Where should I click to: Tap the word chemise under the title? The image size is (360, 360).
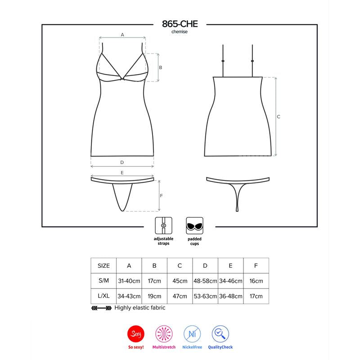tap(180, 32)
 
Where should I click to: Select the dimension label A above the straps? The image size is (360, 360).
tap(122, 34)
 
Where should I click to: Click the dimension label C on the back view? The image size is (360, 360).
tap(279, 117)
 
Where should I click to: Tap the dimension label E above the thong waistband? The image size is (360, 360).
tap(122, 173)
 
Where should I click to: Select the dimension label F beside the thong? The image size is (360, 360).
tap(161, 195)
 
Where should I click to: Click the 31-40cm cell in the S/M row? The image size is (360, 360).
tap(129, 281)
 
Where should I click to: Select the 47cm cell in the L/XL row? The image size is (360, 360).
tap(180, 297)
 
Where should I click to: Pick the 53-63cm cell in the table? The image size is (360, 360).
tap(205, 297)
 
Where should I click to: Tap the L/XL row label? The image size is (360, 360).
tap(103, 297)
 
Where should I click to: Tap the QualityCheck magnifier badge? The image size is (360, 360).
tap(220, 333)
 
